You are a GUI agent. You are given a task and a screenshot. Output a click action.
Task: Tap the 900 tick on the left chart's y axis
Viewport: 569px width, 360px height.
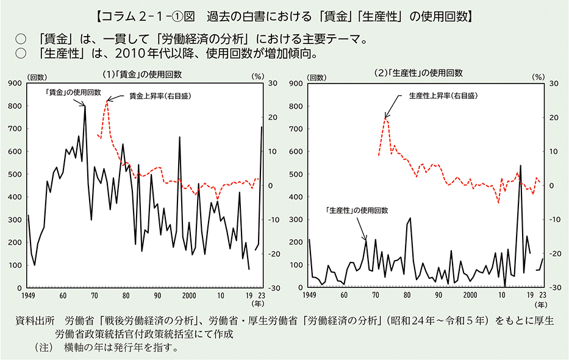coord(14,83)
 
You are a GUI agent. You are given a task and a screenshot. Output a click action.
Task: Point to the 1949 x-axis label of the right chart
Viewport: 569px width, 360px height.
coord(309,295)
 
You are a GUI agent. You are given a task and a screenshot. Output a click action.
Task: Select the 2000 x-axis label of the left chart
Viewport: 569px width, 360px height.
coord(189,295)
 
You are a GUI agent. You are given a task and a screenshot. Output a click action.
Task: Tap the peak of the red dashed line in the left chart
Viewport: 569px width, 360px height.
coord(107,101)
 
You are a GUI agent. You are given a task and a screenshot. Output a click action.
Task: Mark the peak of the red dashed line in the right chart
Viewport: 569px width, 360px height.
coord(386,118)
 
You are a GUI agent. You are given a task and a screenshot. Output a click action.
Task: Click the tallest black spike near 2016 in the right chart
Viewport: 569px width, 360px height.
coord(521,165)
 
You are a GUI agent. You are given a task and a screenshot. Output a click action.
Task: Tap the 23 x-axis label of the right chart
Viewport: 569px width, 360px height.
coord(542,295)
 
